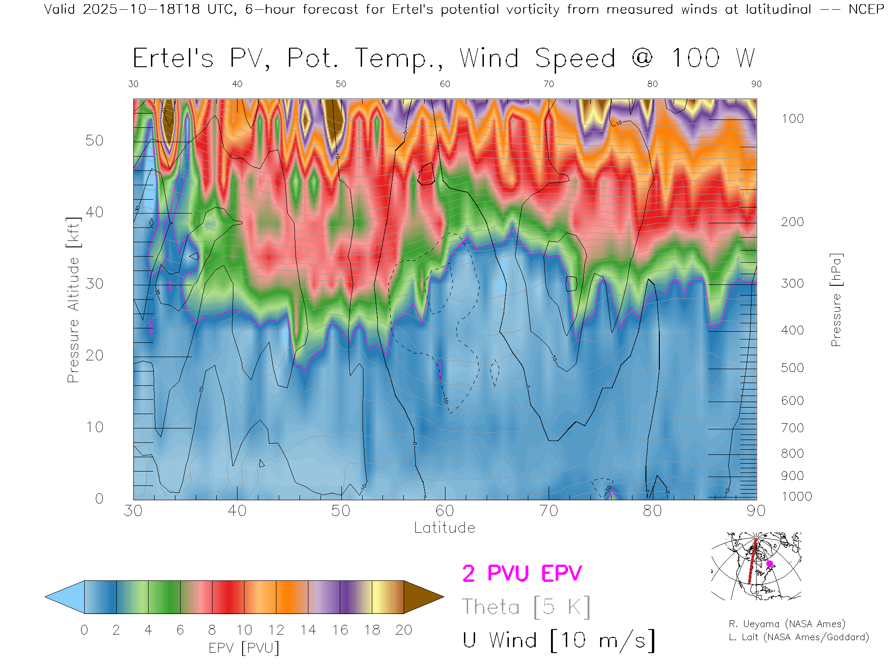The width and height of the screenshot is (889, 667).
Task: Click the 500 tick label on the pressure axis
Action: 792,368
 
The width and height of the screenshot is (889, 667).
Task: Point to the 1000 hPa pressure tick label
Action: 796,497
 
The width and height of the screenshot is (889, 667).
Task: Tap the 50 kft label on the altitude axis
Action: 94,140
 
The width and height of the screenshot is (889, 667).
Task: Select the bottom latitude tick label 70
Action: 548,511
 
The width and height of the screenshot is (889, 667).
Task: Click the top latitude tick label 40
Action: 237,84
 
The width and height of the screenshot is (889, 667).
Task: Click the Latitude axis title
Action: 444,528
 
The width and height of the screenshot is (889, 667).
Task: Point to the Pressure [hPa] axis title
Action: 836,300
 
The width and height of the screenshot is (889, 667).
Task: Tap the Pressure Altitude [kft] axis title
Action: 73,300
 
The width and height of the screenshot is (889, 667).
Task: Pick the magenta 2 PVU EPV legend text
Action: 522,573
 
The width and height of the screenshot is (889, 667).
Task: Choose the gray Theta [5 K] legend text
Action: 526,607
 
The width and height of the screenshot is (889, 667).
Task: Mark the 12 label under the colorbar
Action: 276,630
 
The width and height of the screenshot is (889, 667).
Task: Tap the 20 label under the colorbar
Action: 404,630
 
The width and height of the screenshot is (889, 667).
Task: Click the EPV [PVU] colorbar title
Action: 244,648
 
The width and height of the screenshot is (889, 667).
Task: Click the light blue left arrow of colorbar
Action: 65,597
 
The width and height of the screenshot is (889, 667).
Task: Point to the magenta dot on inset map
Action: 770,564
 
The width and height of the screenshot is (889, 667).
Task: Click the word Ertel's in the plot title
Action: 173,59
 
